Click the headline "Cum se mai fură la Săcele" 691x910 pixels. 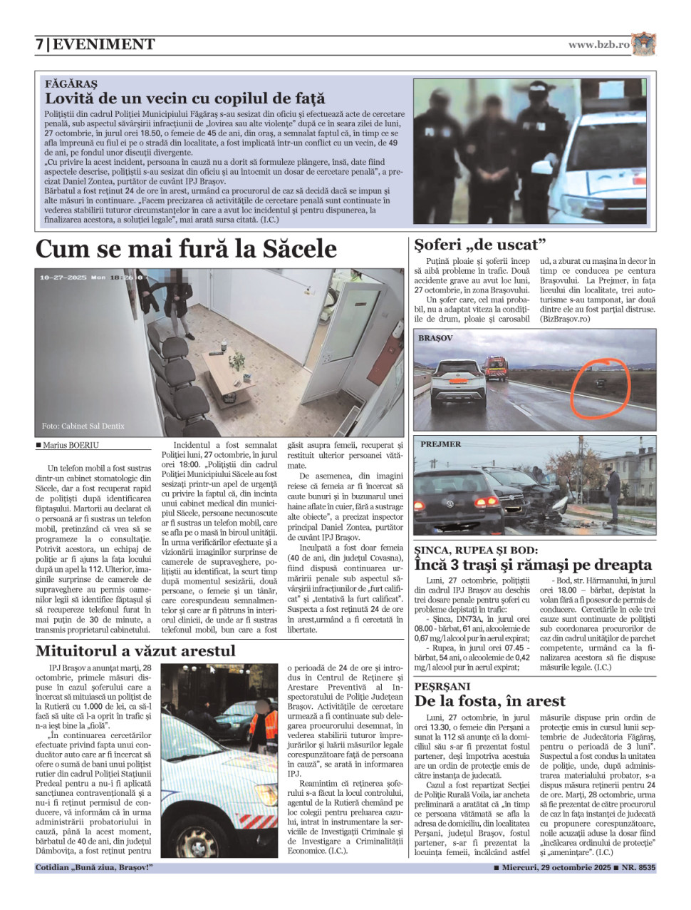coord(186,249)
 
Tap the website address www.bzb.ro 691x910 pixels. coord(598,44)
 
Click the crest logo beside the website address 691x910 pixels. coord(643,44)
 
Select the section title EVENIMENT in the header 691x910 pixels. coord(104,44)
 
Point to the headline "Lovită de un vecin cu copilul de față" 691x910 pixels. coord(185,98)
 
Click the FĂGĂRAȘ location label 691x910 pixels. coord(71,83)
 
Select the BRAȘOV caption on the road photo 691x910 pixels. coord(436,338)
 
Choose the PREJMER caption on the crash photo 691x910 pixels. coord(440,444)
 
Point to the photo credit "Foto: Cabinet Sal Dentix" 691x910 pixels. coord(83,426)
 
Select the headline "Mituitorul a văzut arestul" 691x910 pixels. coord(135,650)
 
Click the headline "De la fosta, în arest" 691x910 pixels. coord(490,701)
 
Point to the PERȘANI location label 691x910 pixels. coord(442,686)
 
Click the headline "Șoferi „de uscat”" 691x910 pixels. coord(480,245)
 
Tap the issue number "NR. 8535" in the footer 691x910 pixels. coord(638,868)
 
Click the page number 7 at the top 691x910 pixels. coord(40,44)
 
